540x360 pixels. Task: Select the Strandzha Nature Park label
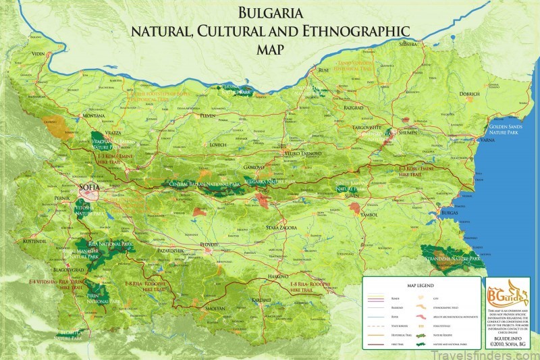[450, 258]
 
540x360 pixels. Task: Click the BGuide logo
[510, 293]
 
